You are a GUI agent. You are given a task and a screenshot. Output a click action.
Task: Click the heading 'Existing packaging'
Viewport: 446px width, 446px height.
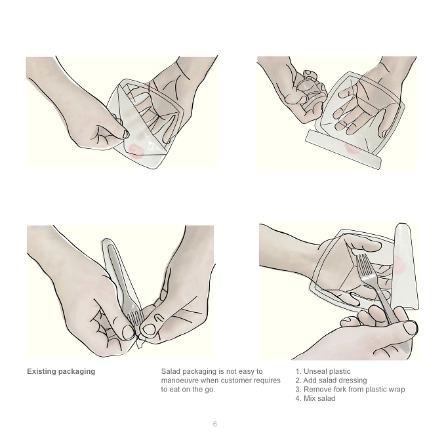pos(61,371)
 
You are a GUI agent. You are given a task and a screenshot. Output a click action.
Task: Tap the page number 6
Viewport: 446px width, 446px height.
pos(214,424)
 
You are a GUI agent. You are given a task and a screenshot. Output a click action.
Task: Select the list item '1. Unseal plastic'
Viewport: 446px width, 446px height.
pos(323,371)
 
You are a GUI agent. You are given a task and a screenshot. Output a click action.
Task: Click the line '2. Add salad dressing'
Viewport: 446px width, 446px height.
pos(331,380)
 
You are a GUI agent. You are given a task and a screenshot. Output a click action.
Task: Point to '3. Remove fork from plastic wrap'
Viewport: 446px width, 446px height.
pos(350,390)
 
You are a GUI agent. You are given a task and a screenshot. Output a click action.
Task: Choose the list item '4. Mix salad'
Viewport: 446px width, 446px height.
pos(315,398)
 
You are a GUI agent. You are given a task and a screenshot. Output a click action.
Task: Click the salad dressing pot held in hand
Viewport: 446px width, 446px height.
pos(310,88)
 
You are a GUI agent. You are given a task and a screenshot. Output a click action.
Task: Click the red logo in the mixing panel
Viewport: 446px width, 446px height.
pos(398,265)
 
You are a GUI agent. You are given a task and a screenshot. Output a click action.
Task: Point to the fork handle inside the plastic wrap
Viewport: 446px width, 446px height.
pos(119,273)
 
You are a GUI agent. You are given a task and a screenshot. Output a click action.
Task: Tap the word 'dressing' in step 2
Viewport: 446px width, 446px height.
pos(354,380)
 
